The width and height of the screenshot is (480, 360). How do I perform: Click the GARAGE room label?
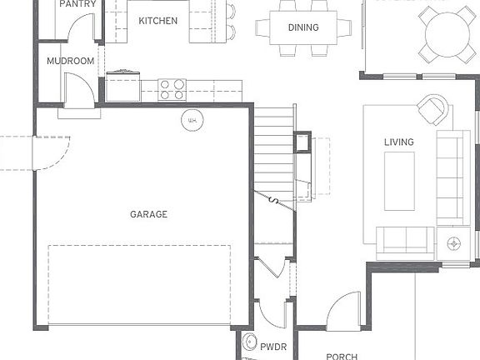click(148, 214)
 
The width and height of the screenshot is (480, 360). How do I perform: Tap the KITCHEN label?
click(157, 21)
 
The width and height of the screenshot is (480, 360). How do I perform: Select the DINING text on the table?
click(303, 27)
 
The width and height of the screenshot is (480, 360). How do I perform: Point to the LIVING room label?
click(398, 142)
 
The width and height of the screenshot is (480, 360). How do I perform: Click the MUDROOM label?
click(70, 62)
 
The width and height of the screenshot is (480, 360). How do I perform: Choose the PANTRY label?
click(77, 4)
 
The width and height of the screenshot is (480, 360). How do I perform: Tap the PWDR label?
click(272, 344)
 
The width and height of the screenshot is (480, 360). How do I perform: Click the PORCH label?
click(342, 356)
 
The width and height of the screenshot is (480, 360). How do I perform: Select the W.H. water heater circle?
click(192, 120)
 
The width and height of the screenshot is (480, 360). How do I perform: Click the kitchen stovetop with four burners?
click(172, 89)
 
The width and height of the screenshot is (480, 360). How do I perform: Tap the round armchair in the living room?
click(432, 110)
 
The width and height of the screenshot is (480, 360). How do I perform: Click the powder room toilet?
click(248, 343)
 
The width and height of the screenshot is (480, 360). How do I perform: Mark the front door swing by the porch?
click(343, 309)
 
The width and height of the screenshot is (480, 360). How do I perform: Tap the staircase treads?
click(273, 150)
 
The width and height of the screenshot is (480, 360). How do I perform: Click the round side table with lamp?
click(453, 243)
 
